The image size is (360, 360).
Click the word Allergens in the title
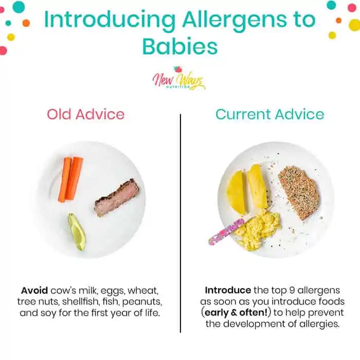[x=235, y=20]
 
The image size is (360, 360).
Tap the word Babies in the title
[x=180, y=47]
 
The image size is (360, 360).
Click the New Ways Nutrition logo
[x=179, y=79]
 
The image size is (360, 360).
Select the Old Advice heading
[x=86, y=114]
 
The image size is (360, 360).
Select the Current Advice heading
[x=269, y=114]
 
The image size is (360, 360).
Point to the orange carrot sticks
[x=71, y=179]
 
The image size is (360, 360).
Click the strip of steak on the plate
[x=117, y=198]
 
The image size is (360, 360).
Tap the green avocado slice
[x=77, y=231]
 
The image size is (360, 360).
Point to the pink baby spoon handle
[x=226, y=232]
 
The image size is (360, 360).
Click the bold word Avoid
[x=34, y=291]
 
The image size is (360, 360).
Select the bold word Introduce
[x=228, y=291]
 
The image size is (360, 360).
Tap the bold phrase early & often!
[x=236, y=313]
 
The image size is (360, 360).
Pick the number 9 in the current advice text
[x=292, y=291]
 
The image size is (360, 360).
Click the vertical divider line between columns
[x=181, y=223]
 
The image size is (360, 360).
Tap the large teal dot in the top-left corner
[x=19, y=7]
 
